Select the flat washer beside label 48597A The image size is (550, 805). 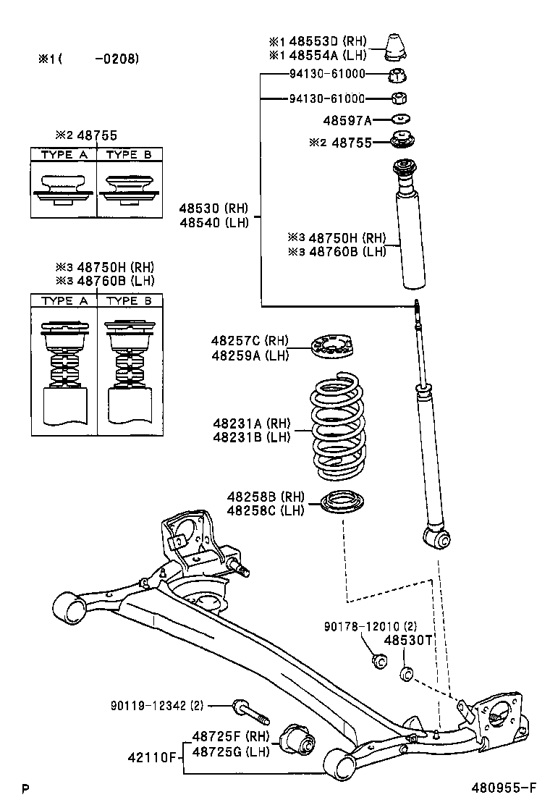click(x=401, y=119)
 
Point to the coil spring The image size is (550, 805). click(x=338, y=427)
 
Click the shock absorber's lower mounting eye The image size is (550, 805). click(x=438, y=538)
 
